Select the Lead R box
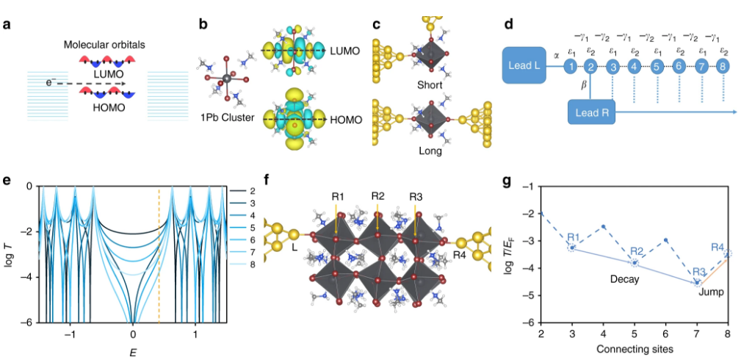[x=590, y=112]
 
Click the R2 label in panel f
[x=377, y=196]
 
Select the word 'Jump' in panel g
[x=711, y=292]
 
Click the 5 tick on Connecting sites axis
[x=634, y=334]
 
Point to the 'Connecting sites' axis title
[x=633, y=348]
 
